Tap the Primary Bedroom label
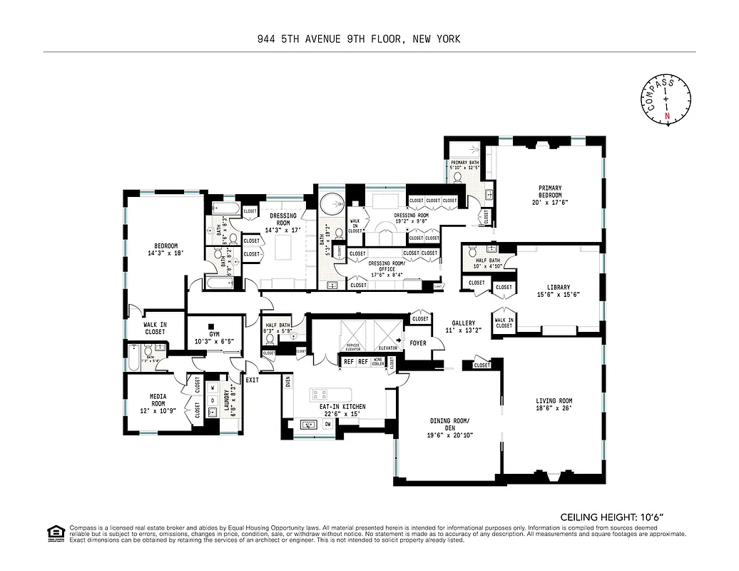pos(550,195)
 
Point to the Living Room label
pos(554,405)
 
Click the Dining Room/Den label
pos(449,428)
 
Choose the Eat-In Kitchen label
pos(342,410)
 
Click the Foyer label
pos(417,343)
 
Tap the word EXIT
pos(253,380)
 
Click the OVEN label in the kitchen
pos(288,383)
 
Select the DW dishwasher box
pos(328,424)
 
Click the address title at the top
pos(359,39)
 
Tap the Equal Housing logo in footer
pos(54,532)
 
